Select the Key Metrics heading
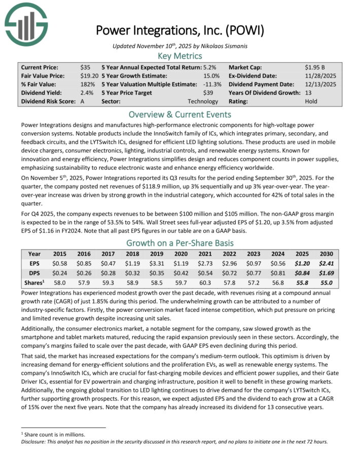click(180, 56)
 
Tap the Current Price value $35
click(85, 67)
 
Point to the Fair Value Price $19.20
click(89, 76)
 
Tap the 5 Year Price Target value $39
click(214, 93)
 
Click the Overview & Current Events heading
click(180, 114)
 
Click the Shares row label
click(34, 282)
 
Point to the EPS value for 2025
click(303, 263)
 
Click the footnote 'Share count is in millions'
click(53, 435)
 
